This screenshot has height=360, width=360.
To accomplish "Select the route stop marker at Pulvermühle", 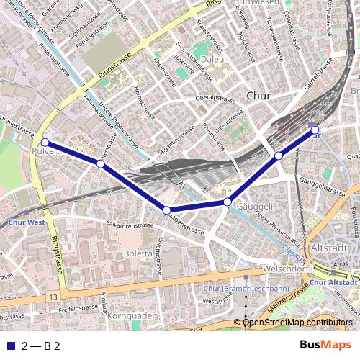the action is (x=45, y=143).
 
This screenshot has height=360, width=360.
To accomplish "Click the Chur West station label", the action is (x=27, y=222).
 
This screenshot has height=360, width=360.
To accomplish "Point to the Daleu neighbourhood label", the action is (x=212, y=59).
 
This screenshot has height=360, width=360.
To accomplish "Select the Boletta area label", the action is (x=139, y=253).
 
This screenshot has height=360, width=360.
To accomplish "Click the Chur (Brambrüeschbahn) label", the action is (x=237, y=289).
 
